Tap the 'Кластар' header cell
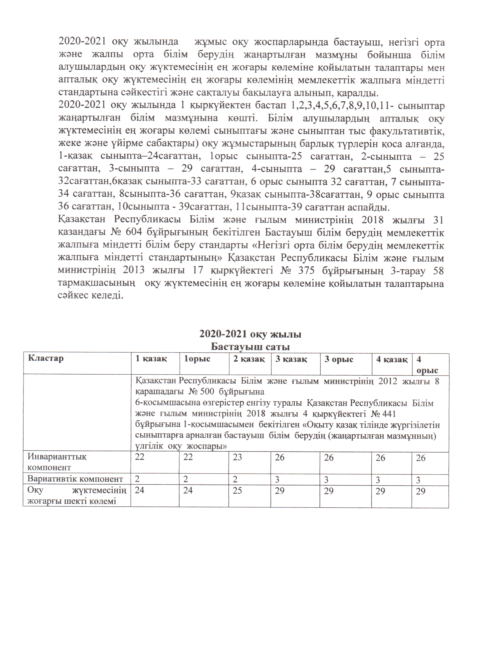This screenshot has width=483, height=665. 46,358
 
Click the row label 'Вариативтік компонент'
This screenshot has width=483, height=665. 75,479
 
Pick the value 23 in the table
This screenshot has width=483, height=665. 237,457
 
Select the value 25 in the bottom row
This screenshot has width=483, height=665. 237,490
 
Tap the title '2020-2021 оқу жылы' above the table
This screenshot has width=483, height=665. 250,334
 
